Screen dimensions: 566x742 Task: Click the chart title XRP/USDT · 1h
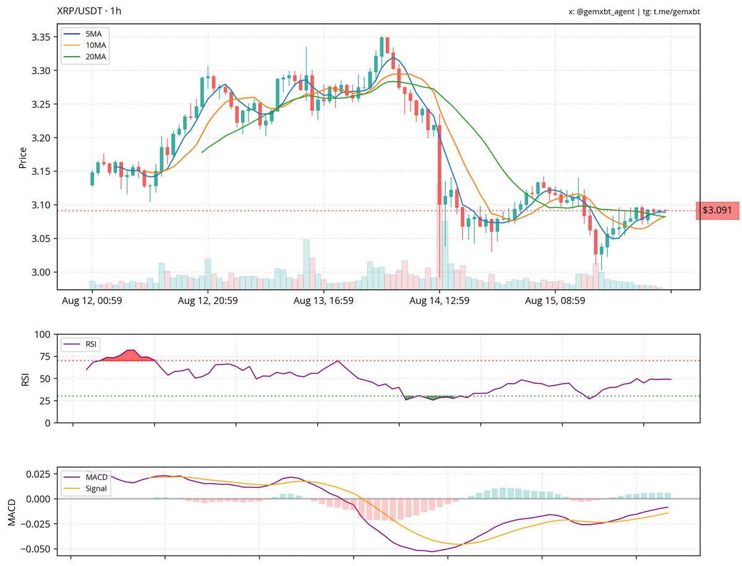point(89,11)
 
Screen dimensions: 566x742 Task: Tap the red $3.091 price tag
point(717,211)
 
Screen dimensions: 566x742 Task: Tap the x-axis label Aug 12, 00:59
point(92,302)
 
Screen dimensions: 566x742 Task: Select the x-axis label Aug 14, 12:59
point(440,302)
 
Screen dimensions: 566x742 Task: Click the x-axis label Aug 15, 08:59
point(555,302)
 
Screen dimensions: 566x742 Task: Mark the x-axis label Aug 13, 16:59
point(323,302)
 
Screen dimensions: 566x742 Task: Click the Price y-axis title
point(23,158)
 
